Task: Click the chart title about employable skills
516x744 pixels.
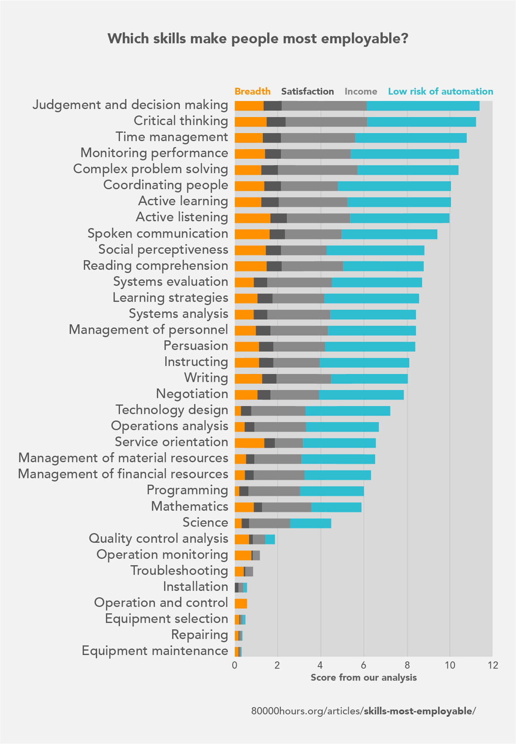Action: coord(258,39)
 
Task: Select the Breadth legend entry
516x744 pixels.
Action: coord(252,91)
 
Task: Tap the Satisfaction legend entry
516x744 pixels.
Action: coord(307,91)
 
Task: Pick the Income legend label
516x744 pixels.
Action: coord(361,91)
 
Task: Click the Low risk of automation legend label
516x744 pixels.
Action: coord(441,91)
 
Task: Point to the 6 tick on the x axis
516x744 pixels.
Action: coord(364,665)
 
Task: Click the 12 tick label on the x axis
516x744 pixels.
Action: coord(493,665)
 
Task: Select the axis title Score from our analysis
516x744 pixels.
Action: coord(364,677)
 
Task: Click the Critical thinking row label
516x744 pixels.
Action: coord(181,121)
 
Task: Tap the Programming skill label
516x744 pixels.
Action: coord(187,490)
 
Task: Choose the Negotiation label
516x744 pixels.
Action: coord(192,394)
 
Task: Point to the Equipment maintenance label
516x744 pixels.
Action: coord(155,651)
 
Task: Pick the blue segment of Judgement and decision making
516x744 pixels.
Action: coord(423,106)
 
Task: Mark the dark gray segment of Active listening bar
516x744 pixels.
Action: coord(278,218)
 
